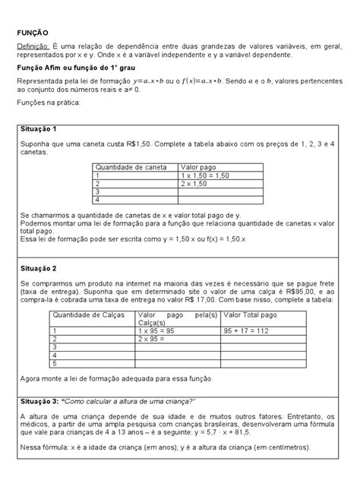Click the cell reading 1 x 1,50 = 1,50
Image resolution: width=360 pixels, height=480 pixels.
(210, 175)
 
